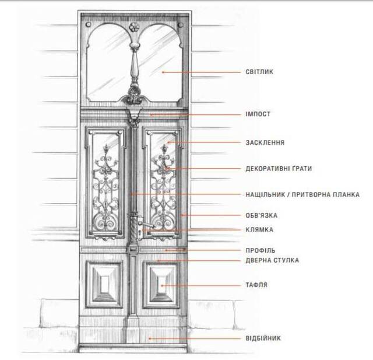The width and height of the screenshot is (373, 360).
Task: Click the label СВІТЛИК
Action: click(x=259, y=72)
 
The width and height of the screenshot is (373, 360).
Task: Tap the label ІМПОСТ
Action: click(x=258, y=114)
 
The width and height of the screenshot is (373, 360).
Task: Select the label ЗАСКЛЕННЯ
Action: click(x=265, y=142)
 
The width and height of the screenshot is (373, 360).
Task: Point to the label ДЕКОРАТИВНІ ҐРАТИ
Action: click(x=279, y=169)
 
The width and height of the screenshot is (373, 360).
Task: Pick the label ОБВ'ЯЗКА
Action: click(x=262, y=215)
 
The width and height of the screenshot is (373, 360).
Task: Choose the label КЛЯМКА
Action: click(x=259, y=230)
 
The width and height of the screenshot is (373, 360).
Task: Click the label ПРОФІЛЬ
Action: click(x=261, y=250)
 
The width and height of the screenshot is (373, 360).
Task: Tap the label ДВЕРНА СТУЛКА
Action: click(x=272, y=260)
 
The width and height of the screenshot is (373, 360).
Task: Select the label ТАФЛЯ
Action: click(x=256, y=285)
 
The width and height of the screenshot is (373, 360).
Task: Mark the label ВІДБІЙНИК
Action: click(x=263, y=338)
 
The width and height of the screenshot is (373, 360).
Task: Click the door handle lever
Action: click(x=147, y=225)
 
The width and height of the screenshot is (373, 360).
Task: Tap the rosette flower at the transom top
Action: click(x=133, y=27)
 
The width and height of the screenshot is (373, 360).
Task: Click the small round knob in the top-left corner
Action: click(x=88, y=25)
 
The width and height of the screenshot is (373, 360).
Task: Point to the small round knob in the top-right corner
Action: click(x=180, y=25)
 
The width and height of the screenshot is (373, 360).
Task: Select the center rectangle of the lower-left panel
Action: click(x=104, y=284)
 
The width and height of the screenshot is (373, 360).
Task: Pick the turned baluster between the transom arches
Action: click(x=135, y=64)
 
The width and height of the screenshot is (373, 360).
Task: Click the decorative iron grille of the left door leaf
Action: click(x=105, y=188)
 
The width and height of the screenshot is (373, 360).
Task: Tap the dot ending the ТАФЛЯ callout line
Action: click(x=162, y=285)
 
